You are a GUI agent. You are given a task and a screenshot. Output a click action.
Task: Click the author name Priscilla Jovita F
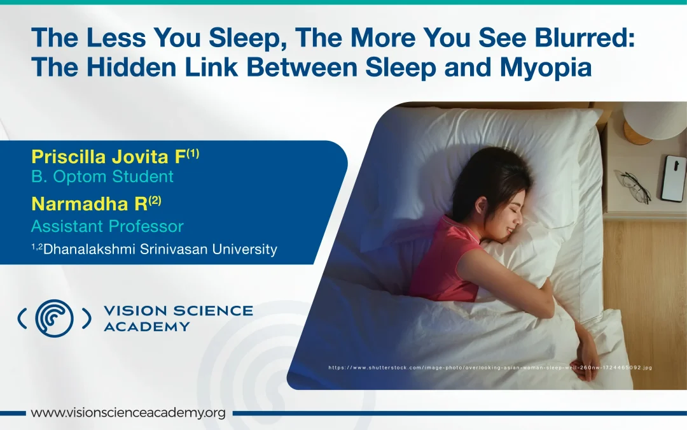[106, 157]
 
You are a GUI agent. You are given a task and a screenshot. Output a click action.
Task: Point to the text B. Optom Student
[102, 176]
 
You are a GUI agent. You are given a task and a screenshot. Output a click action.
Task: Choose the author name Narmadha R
[88, 204]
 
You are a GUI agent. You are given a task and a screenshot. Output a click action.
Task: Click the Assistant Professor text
[107, 226]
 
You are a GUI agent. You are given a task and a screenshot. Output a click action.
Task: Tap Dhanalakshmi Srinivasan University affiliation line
[154, 249]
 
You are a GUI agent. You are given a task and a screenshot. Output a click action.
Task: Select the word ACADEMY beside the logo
[146, 327]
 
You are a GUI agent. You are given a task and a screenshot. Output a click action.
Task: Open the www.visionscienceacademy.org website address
[128, 413]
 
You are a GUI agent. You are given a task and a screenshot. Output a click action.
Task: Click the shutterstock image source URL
[490, 368]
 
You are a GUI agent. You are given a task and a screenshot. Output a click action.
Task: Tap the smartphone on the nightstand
[672, 178]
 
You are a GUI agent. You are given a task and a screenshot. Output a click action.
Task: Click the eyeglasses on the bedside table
[633, 185]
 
